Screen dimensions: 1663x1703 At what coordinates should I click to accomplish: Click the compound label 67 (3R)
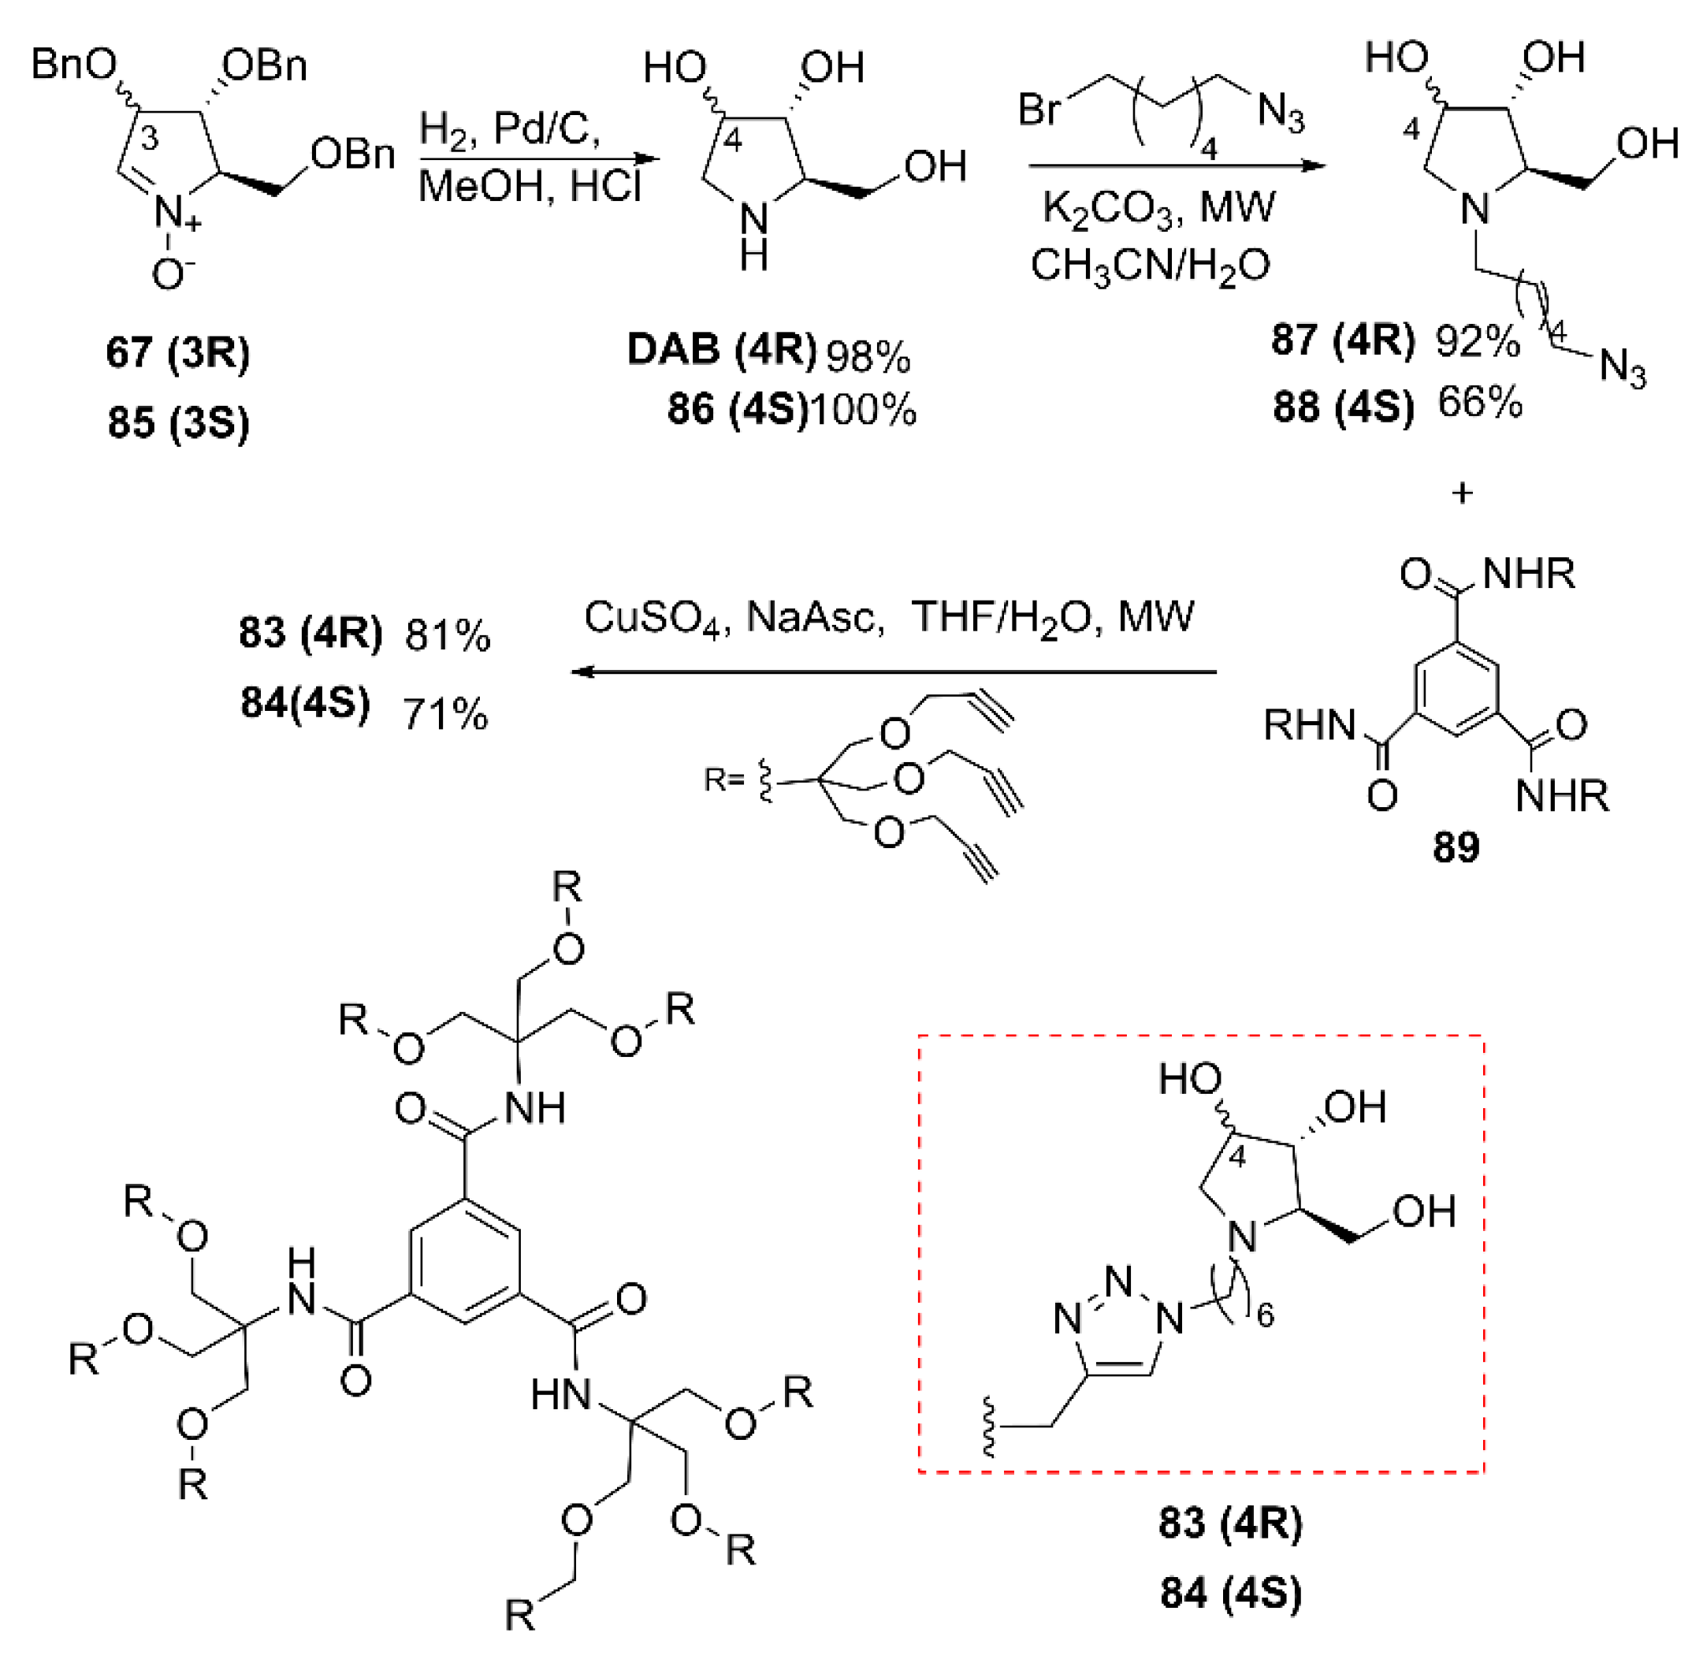(x=178, y=353)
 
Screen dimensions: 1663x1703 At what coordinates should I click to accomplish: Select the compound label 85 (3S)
(x=178, y=422)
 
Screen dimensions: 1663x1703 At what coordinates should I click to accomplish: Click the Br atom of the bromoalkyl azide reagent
(x=1039, y=110)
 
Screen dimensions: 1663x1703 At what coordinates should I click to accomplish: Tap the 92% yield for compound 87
(x=1478, y=340)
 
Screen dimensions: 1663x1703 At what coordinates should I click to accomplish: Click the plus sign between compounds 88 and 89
(x=1462, y=493)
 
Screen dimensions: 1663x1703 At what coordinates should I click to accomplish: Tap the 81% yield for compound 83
(x=447, y=636)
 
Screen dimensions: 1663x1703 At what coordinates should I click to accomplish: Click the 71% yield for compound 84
(x=445, y=715)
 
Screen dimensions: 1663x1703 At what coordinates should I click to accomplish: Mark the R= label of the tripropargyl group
(x=723, y=779)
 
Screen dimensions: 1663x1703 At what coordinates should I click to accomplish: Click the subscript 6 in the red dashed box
(x=1266, y=1315)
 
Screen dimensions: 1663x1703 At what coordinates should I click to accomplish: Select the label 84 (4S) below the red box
(x=1230, y=1592)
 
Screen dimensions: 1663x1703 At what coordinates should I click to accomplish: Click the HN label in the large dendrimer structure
(x=560, y=1394)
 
